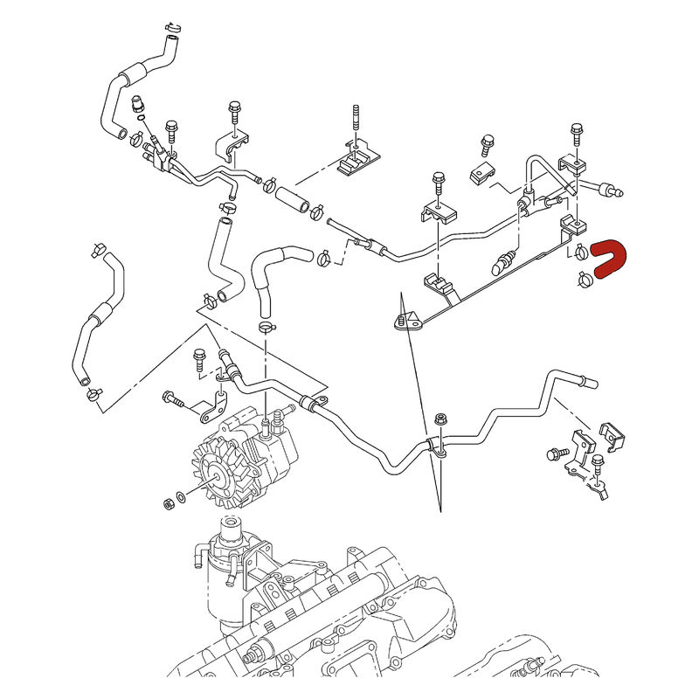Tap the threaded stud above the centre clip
[356, 119]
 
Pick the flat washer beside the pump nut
[181, 497]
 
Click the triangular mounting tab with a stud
[407, 322]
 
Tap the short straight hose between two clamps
[292, 196]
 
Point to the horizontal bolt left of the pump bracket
[176, 402]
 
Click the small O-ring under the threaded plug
[142, 121]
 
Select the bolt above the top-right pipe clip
[576, 134]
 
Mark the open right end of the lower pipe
[591, 382]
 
